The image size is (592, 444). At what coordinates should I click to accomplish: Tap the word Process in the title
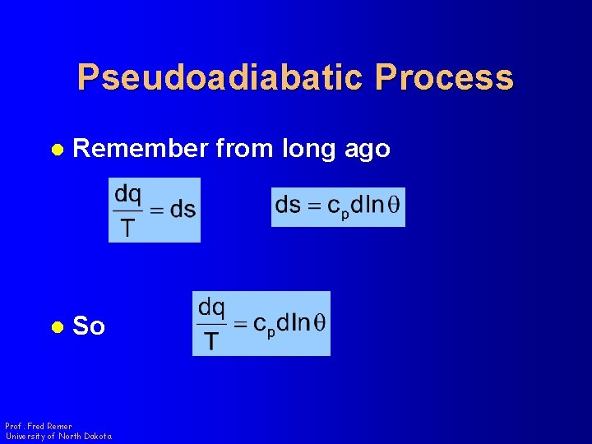(x=444, y=77)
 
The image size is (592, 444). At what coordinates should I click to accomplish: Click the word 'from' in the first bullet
(x=244, y=149)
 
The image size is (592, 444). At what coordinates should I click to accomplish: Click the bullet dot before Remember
(x=57, y=150)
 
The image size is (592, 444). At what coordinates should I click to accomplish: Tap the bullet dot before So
(x=57, y=327)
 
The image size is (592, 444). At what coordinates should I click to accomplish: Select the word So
(x=89, y=326)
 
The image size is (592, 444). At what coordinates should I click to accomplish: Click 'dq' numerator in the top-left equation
(x=128, y=194)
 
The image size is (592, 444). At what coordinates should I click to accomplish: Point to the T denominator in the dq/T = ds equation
(x=127, y=226)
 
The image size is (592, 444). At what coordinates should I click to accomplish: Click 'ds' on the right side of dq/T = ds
(x=182, y=210)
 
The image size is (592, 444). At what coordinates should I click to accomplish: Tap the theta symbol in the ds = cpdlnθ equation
(x=394, y=205)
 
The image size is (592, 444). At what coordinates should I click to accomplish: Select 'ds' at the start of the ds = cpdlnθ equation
(x=287, y=205)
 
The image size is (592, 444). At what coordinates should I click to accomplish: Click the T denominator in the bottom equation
(x=211, y=339)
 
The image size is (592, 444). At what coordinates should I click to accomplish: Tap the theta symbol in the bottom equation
(x=319, y=322)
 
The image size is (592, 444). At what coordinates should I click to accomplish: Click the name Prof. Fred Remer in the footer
(x=39, y=427)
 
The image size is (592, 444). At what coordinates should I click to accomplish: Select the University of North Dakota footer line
(x=58, y=437)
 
